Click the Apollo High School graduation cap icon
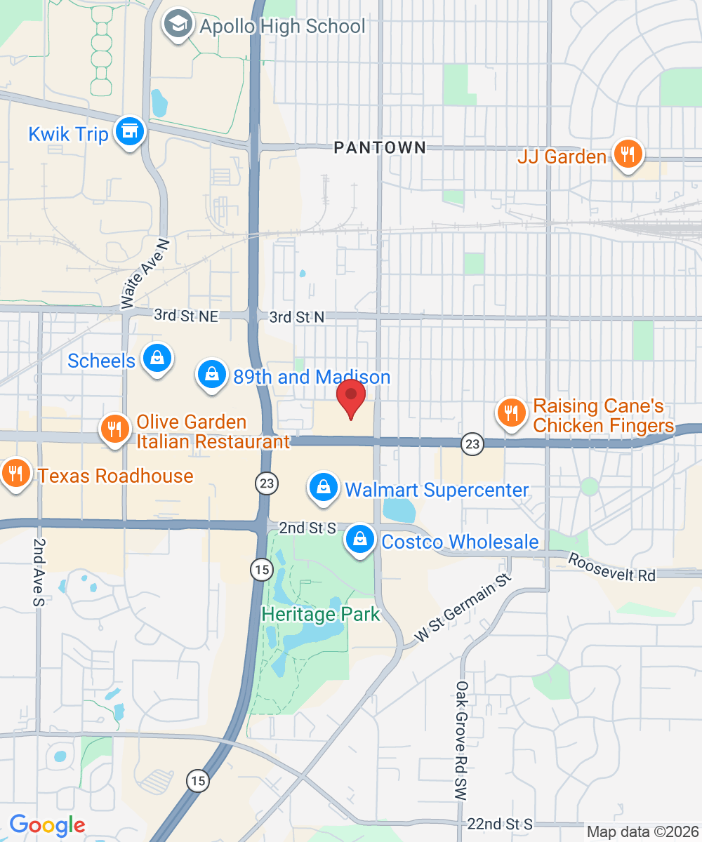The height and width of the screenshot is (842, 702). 178,25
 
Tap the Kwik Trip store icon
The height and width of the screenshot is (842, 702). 129,131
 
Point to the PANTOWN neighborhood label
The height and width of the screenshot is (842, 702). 380,147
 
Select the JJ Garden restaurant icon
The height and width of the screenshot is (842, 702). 627,154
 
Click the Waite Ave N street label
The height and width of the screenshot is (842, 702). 145,273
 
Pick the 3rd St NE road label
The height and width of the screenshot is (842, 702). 186,316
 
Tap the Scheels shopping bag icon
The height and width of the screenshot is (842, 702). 157,359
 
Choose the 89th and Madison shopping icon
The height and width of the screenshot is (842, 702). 211,375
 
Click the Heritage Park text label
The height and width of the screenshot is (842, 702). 320,615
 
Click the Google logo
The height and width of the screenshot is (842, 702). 47,825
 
